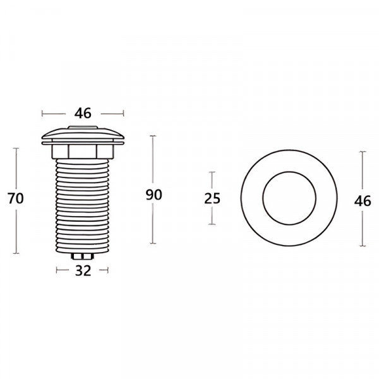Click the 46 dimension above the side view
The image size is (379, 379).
coord(83,114)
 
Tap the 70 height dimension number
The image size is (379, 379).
coord(16,198)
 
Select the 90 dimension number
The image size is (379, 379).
coord(153,195)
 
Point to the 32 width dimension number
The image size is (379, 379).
coord(83,271)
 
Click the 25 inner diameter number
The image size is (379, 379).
coord(212,198)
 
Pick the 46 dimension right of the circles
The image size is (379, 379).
coord(363,202)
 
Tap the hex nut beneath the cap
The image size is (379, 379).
coord(83,152)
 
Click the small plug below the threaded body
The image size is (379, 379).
coord(83,256)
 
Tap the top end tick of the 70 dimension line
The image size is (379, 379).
coord(16,148)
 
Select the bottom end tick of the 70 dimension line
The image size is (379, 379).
coord(16,253)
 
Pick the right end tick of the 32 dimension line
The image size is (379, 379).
coord(108,271)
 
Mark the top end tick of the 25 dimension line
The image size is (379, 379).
coord(212,172)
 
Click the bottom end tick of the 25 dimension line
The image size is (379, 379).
coord(212,226)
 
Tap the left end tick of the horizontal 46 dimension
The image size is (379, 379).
coord(42,114)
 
